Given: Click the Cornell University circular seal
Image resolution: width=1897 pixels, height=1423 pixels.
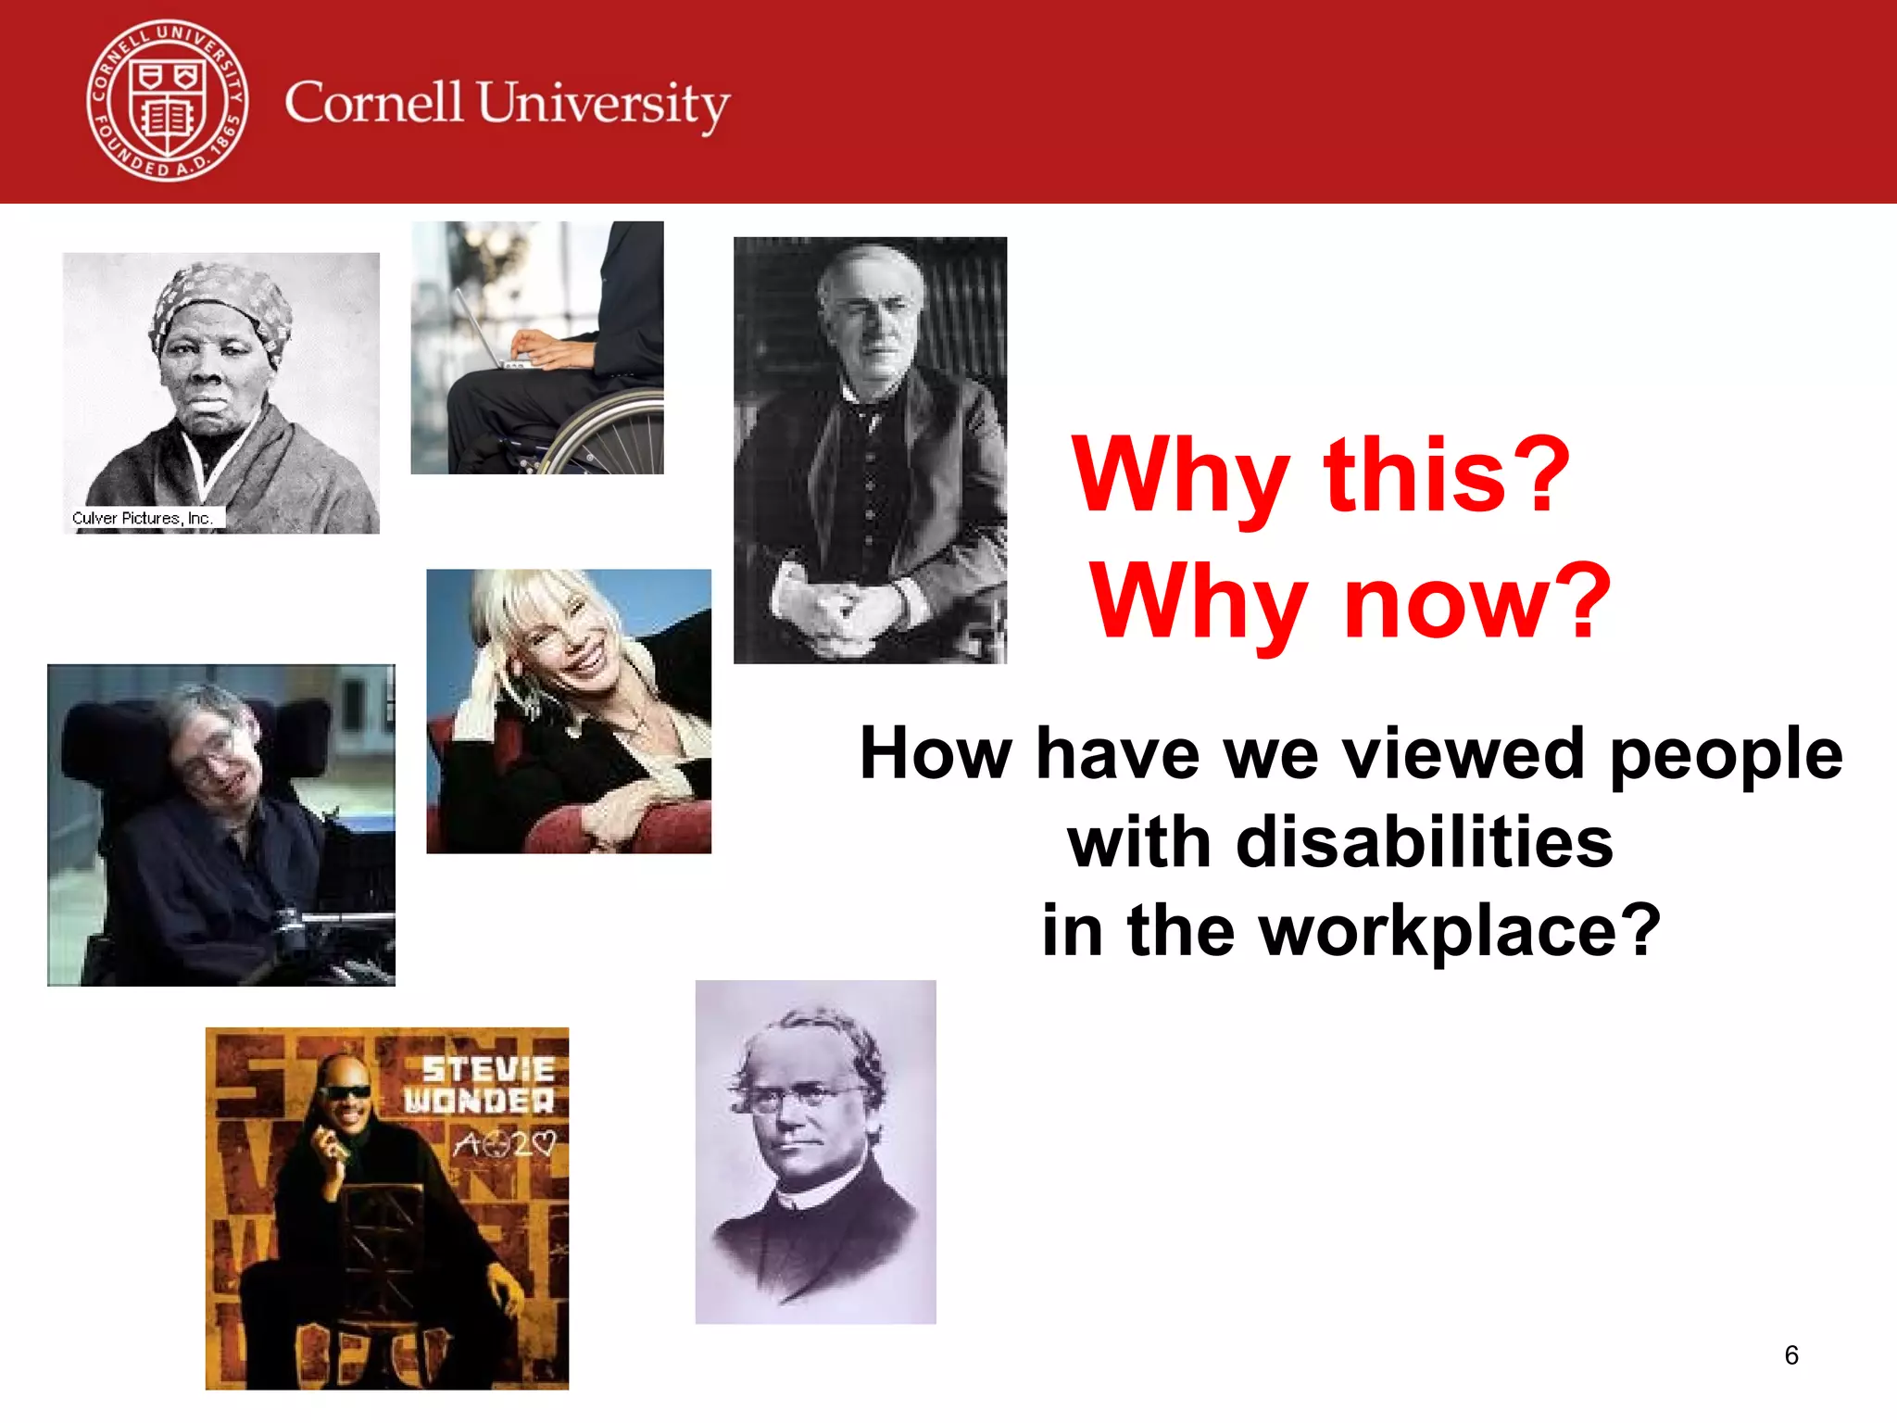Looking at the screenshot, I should pos(168,101).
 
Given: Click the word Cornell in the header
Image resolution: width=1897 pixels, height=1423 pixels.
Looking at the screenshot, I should pos(372,102).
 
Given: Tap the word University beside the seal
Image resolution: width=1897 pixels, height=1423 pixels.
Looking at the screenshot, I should pos(603,106).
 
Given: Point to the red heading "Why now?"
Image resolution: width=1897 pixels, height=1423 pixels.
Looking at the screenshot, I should pos(1351,602).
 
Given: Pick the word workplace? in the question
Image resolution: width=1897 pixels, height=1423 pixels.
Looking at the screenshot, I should pos(1461,930).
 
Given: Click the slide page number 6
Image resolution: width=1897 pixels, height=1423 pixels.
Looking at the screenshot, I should pos(1791,1355).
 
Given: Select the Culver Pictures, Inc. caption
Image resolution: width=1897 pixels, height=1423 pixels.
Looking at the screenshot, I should pos(143,518).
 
